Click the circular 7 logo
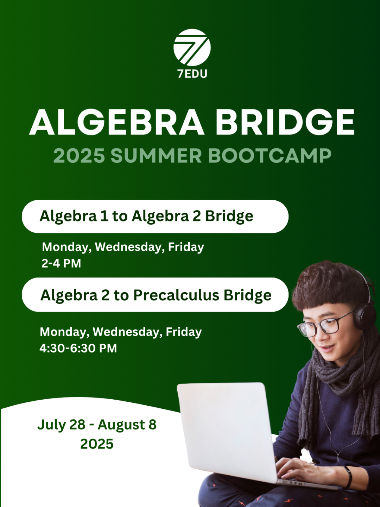pyautogui.click(x=192, y=47)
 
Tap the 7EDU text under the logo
pyautogui.click(x=192, y=74)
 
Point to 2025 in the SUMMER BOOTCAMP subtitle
pyautogui.click(x=79, y=156)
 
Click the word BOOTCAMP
pyautogui.click(x=270, y=156)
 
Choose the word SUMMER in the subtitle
pyautogui.click(x=157, y=156)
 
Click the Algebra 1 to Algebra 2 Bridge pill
pyautogui.click(x=155, y=217)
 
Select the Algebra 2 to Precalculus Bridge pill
pyautogui.click(x=155, y=295)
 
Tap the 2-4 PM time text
pyautogui.click(x=61, y=263)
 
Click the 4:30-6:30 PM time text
pyautogui.click(x=78, y=348)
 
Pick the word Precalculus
pyautogui.click(x=176, y=295)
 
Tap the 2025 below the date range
pyautogui.click(x=97, y=444)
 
